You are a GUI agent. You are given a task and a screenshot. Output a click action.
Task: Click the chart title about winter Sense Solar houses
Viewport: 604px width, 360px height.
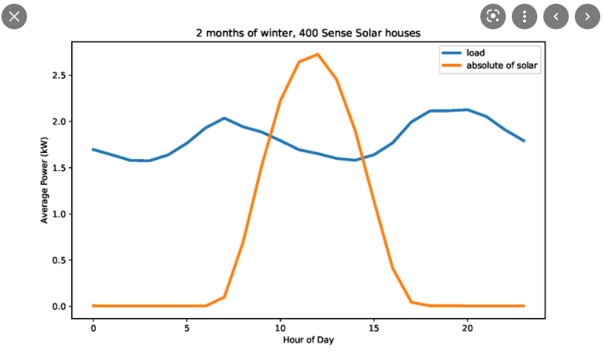[x=307, y=34]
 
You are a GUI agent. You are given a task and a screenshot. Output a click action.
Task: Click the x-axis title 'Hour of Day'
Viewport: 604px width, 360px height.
[x=308, y=340]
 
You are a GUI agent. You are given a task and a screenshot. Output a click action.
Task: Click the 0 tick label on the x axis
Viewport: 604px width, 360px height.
[x=93, y=328]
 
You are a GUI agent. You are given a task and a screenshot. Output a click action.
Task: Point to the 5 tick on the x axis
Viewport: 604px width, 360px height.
[x=187, y=328]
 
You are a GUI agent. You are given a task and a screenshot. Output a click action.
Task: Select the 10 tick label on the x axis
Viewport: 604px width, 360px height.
[x=280, y=328]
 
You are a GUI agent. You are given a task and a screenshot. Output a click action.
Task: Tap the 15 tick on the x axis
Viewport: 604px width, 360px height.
[x=374, y=328]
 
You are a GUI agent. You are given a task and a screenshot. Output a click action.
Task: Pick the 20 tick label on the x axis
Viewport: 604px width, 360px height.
[x=468, y=328]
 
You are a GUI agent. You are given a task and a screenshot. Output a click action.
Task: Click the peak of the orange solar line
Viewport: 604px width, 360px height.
[x=318, y=54]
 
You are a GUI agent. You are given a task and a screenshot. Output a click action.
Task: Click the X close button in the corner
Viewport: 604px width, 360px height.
[x=15, y=15]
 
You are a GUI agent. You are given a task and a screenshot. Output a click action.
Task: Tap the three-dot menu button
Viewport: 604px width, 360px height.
[x=525, y=15]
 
